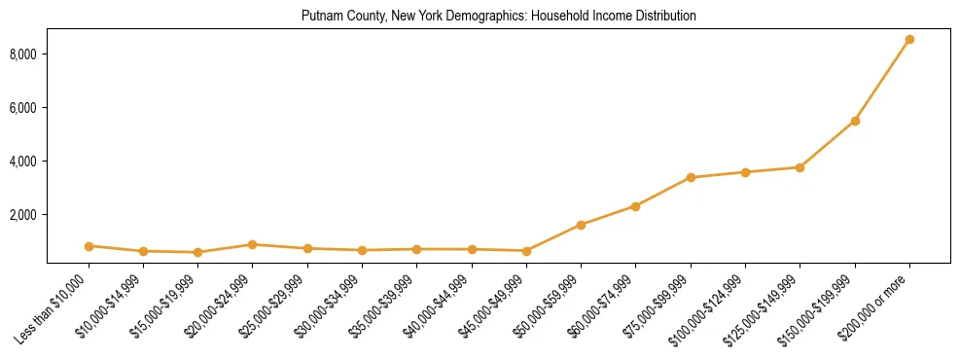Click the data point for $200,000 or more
click(x=909, y=40)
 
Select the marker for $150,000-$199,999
click(x=855, y=121)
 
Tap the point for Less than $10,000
click(x=89, y=246)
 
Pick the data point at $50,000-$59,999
click(x=581, y=225)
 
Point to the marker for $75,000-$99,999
click(x=691, y=177)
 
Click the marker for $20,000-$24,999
click(x=253, y=244)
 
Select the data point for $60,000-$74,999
click(x=635, y=206)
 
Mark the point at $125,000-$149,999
click(x=800, y=167)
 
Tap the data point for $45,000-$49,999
click(x=526, y=251)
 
